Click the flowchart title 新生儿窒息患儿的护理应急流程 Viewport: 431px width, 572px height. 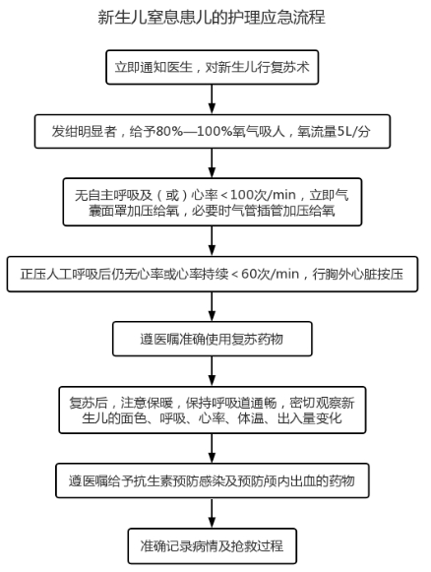212,17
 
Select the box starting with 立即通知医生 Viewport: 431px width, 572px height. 213,68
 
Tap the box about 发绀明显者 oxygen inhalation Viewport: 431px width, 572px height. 213,131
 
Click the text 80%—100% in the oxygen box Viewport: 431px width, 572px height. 194,131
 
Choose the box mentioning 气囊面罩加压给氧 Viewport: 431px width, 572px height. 213,202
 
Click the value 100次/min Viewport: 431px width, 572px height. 263,195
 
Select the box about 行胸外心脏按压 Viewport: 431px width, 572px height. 213,274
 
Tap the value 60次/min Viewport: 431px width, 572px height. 270,274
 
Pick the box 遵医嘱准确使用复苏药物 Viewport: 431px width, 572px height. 213,339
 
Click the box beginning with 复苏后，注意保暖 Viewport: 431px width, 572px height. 213,410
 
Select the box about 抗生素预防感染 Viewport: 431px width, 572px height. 213,480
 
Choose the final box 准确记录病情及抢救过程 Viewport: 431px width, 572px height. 213,546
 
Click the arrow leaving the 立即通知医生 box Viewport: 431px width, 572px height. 212,99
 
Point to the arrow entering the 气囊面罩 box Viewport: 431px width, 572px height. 212,163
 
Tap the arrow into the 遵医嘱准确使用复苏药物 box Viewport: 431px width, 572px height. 212,306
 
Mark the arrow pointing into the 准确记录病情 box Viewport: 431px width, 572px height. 212,513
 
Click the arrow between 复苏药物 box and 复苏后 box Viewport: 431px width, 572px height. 212,371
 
